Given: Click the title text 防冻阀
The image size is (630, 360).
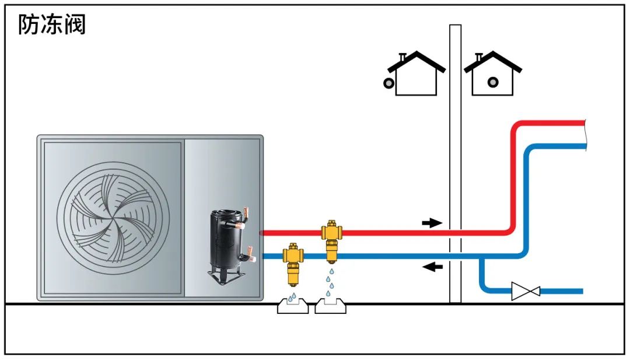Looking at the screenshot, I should (x=52, y=25).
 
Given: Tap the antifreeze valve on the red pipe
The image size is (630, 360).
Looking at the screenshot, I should (x=331, y=236).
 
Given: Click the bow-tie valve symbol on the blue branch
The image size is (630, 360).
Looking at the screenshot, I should (x=525, y=291).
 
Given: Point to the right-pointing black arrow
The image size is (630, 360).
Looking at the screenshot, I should (x=432, y=223).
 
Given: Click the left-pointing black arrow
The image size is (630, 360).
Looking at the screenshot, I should (x=432, y=267).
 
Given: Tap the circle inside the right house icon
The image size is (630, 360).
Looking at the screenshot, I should (x=493, y=82).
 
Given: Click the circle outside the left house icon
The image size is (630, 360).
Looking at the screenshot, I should (x=388, y=83).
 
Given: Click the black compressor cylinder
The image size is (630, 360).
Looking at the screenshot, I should (x=223, y=239).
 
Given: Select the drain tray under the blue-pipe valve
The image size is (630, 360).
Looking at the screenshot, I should (x=293, y=306).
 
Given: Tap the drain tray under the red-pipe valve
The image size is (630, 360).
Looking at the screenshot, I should (x=331, y=306).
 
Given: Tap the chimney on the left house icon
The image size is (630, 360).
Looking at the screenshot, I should (x=402, y=58).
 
